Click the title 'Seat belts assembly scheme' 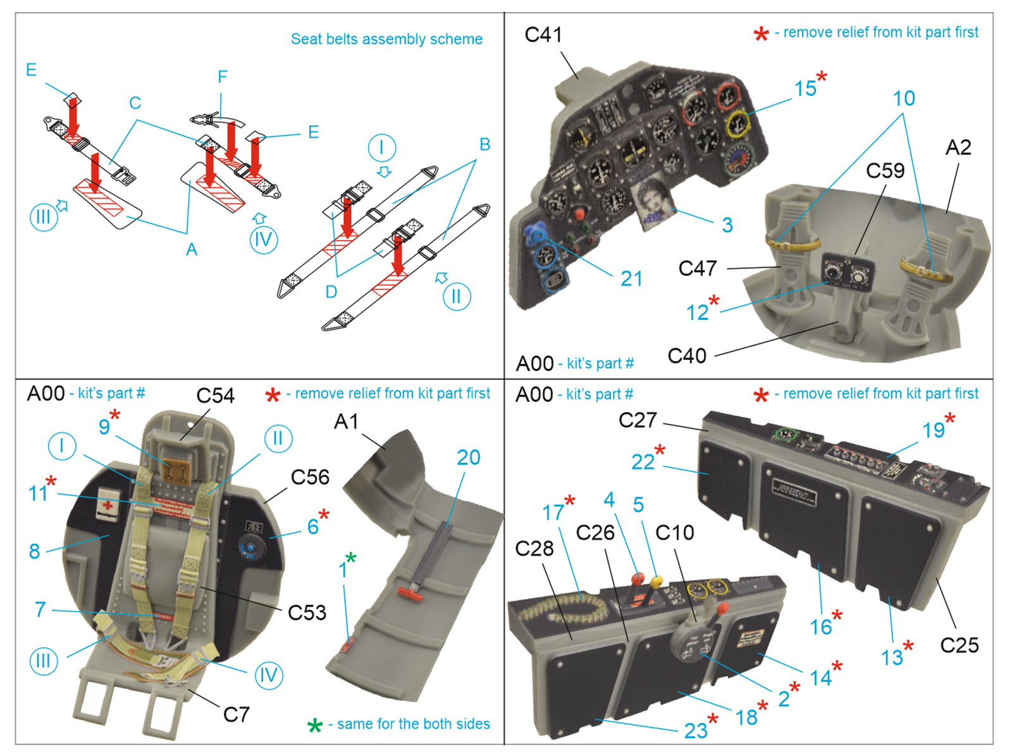386,39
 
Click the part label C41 543,35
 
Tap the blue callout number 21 631,279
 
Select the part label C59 885,170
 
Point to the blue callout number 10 904,99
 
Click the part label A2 958,147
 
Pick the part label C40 687,356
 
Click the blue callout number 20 468,457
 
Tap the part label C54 215,396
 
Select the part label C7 236,715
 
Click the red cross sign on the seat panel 108,505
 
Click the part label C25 959,645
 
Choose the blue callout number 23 696,731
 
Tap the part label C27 638,420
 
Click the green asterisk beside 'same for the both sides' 314,725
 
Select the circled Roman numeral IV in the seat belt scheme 263,240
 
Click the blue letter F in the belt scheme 222,77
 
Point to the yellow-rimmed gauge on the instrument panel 737,123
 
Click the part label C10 674,533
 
